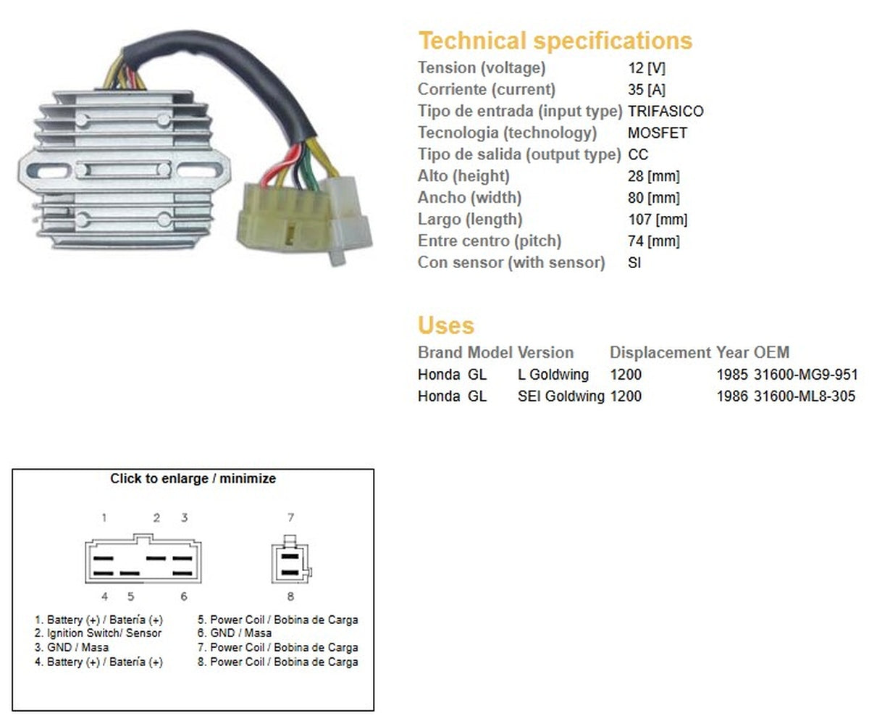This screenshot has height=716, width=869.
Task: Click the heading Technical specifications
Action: tap(555, 41)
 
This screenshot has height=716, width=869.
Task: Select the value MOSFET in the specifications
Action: tap(658, 133)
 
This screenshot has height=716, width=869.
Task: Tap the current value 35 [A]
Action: tap(647, 90)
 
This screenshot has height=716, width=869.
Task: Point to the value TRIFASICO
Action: tap(666, 112)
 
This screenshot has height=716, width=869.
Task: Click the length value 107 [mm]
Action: tap(658, 220)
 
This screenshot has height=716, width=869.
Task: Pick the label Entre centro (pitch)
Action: tap(490, 241)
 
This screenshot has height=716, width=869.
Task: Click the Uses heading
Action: tap(446, 325)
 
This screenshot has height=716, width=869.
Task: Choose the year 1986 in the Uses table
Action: tap(732, 396)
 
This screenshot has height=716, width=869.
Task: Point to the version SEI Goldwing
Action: tap(561, 396)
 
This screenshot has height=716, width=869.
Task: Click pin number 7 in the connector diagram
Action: tap(290, 517)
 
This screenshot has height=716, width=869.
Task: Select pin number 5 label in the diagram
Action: tap(131, 596)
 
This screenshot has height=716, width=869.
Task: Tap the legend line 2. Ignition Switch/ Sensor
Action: tap(98, 633)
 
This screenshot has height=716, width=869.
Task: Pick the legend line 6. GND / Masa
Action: tap(235, 633)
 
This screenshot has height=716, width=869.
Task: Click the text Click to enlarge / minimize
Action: tap(193, 479)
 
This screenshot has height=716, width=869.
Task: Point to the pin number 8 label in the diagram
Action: tap(290, 596)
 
